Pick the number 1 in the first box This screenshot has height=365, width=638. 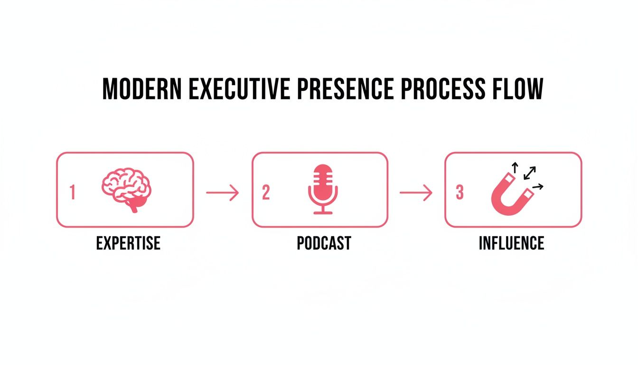(73, 192)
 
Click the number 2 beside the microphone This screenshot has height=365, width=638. (266, 192)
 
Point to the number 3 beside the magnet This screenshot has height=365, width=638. (459, 192)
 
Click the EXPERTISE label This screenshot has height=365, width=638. (128, 243)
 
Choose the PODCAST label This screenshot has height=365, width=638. (324, 243)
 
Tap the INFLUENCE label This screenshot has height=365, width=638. (511, 243)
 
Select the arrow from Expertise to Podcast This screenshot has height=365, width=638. (222, 192)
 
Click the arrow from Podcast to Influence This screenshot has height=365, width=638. (416, 192)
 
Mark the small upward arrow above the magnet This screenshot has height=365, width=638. (515, 166)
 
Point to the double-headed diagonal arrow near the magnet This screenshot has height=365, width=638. (530, 173)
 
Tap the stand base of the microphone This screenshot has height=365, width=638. (323, 212)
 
